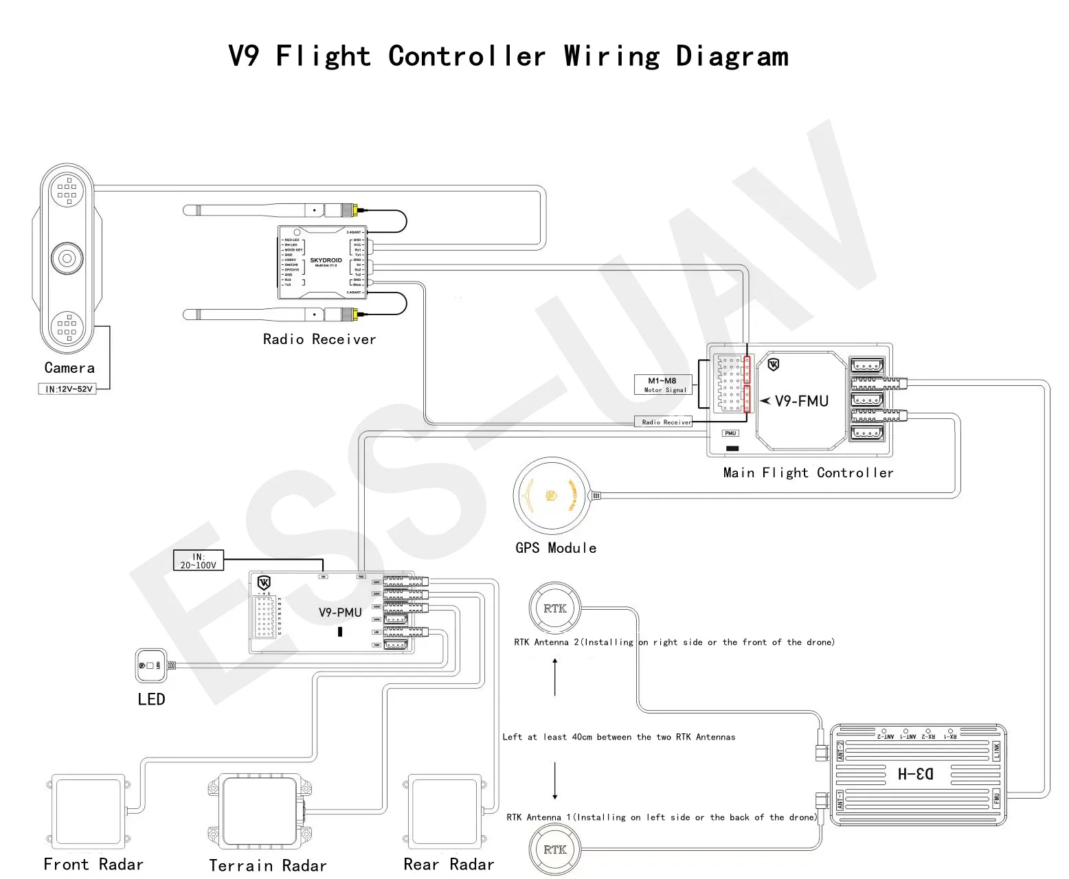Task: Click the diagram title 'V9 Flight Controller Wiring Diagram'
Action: pos(508,56)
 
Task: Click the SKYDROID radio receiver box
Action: pos(323,262)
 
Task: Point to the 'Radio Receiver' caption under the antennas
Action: pos(319,339)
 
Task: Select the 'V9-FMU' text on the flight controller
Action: pos(801,401)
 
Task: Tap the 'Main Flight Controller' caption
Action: pos(808,472)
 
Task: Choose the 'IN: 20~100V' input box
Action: pos(198,560)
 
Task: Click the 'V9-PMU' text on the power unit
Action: pos(340,613)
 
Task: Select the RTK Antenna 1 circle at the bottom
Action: pos(554,849)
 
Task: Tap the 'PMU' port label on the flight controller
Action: pos(730,433)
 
